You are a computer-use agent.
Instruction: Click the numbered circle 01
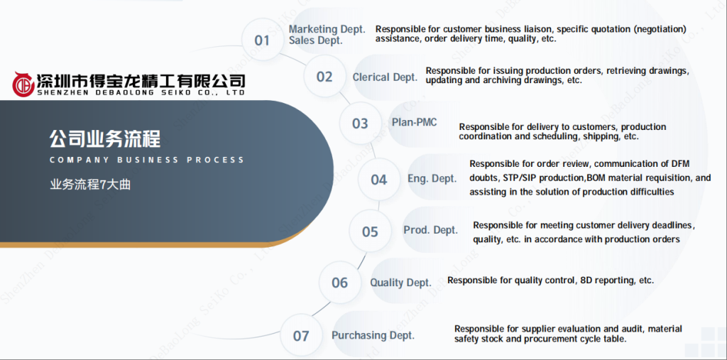(262, 40)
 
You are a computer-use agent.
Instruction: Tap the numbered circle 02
(324, 77)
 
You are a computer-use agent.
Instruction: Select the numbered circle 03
(360, 124)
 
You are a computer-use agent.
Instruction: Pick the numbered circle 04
(379, 180)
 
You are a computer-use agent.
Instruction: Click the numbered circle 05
(370, 231)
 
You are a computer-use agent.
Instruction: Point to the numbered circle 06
(339, 283)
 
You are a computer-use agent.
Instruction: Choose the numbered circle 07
(301, 335)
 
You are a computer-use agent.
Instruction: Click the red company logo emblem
(23, 84)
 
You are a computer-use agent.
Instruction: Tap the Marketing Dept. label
(327, 29)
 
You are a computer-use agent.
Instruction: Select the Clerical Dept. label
(386, 77)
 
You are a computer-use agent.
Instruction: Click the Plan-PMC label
(415, 122)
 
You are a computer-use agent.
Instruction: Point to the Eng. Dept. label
(432, 179)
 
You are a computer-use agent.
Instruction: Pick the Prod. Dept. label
(431, 229)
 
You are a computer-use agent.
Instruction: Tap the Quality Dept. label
(400, 283)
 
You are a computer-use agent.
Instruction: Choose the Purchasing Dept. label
(373, 335)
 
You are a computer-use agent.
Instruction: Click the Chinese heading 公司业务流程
(105, 138)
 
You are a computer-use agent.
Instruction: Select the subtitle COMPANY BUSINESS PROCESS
(146, 160)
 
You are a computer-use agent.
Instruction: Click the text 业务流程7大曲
(90, 185)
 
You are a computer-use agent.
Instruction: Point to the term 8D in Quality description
(586, 280)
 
